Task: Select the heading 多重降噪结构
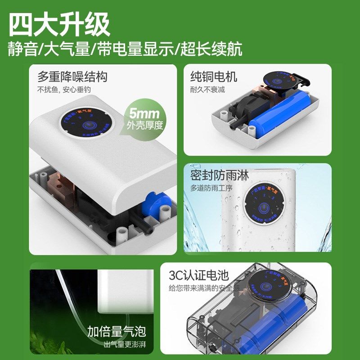point(72,76)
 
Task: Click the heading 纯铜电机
point(213,76)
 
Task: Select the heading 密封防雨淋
point(219,175)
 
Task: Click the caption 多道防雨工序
point(211,188)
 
